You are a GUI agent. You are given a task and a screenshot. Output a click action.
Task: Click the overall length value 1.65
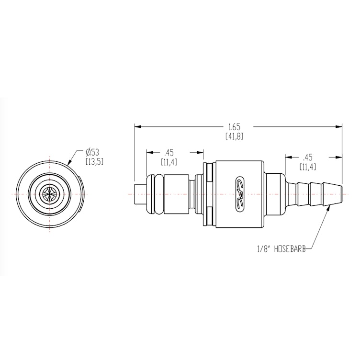pyautogui.click(x=234, y=127)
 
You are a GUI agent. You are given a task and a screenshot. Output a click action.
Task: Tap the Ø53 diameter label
pyautogui.click(x=92, y=152)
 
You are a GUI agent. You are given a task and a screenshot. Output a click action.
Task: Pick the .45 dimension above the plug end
pyautogui.click(x=169, y=153)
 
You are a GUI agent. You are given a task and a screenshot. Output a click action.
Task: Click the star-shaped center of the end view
pyautogui.click(x=49, y=193)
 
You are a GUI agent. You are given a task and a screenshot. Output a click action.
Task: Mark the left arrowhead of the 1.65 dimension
pyautogui.click(x=136, y=126)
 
